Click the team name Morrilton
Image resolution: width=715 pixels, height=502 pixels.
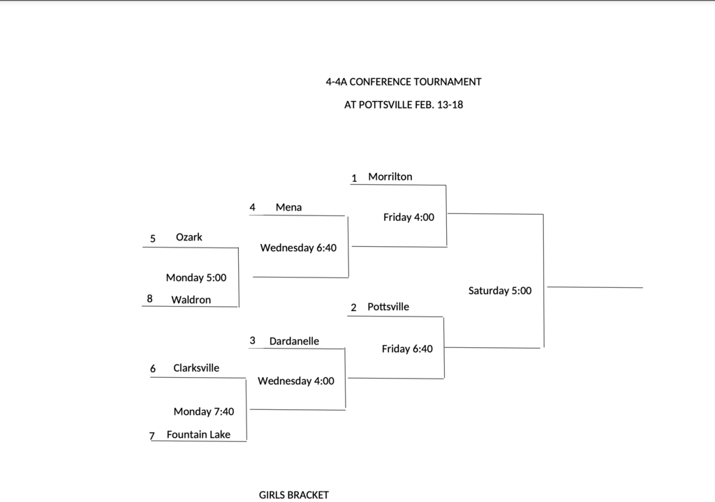tap(390, 176)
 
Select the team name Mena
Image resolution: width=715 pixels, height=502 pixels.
tap(288, 207)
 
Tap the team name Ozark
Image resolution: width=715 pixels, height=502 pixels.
tap(189, 237)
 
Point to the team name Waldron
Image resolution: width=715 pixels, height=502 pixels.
tap(191, 300)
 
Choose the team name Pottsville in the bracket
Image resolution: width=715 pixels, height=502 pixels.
tap(388, 307)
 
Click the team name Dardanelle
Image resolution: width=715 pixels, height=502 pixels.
tap(294, 341)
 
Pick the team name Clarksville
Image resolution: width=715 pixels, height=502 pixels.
tap(196, 368)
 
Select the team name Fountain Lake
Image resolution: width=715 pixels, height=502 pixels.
tap(198, 434)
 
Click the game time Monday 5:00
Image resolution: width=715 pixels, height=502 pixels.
tap(196, 277)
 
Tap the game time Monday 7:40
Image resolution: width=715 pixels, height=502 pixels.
tap(204, 411)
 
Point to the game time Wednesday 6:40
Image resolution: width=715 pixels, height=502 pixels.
tap(298, 248)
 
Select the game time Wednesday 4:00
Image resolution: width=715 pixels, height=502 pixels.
tap(296, 381)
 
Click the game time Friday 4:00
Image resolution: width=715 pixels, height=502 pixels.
tap(408, 217)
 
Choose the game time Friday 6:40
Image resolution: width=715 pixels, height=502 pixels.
tap(407, 349)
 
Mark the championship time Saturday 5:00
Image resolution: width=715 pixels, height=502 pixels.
tap(500, 291)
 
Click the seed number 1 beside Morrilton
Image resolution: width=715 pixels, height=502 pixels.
tap(354, 178)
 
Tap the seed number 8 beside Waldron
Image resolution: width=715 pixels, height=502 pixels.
tap(149, 299)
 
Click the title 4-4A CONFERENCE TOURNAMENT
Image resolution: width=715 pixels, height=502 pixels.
tap(404, 82)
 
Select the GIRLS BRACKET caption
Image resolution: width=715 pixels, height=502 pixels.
tap(293, 495)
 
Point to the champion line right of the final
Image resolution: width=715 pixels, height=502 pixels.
tap(595, 287)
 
